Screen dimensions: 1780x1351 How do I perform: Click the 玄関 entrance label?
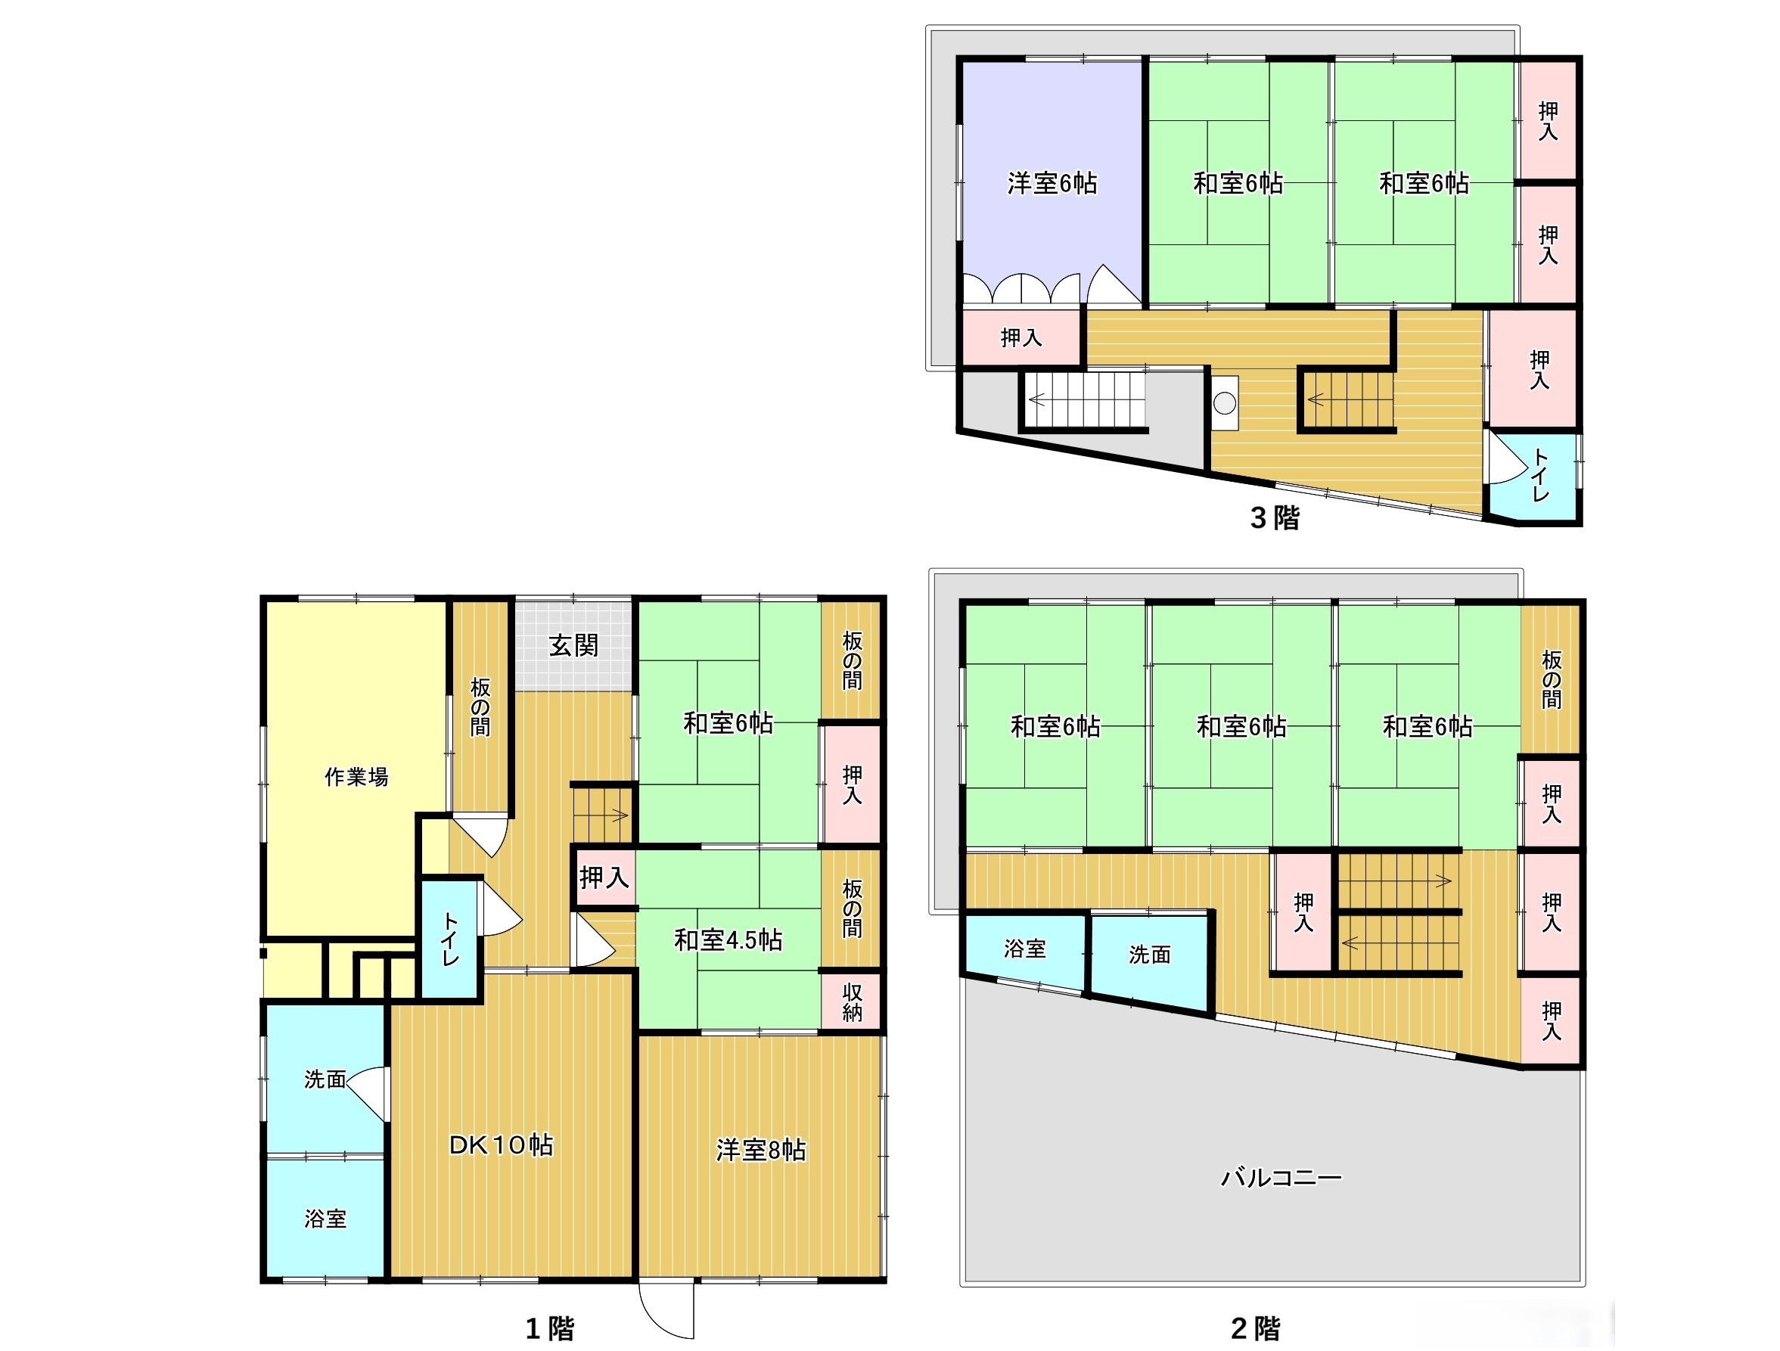click(573, 645)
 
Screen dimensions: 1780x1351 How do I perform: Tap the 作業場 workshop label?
click(356, 776)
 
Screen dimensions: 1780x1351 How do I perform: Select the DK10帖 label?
click(501, 1144)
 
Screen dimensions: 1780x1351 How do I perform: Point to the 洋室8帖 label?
click(760, 1150)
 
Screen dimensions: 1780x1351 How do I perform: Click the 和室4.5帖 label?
click(728, 939)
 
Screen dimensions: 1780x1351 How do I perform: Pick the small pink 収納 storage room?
click(851, 1002)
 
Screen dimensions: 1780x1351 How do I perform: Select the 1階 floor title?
click(550, 1328)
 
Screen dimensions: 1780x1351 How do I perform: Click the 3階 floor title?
click(1275, 517)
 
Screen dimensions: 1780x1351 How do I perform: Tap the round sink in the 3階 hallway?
click(1225, 402)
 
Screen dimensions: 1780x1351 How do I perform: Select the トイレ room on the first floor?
click(450, 939)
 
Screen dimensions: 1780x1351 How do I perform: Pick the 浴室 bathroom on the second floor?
click(1024, 952)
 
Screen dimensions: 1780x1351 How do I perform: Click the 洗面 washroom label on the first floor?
click(325, 1079)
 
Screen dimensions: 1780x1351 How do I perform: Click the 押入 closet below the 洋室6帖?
click(1021, 337)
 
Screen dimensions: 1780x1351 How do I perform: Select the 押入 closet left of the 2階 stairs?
click(1303, 912)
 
